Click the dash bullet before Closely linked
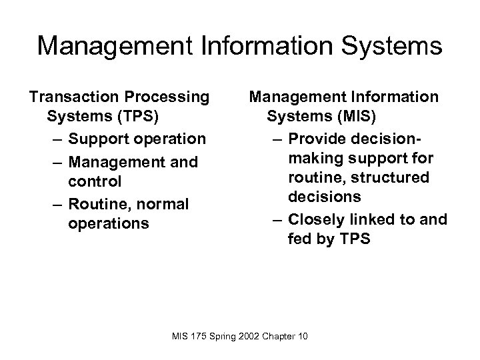click(276, 219)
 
